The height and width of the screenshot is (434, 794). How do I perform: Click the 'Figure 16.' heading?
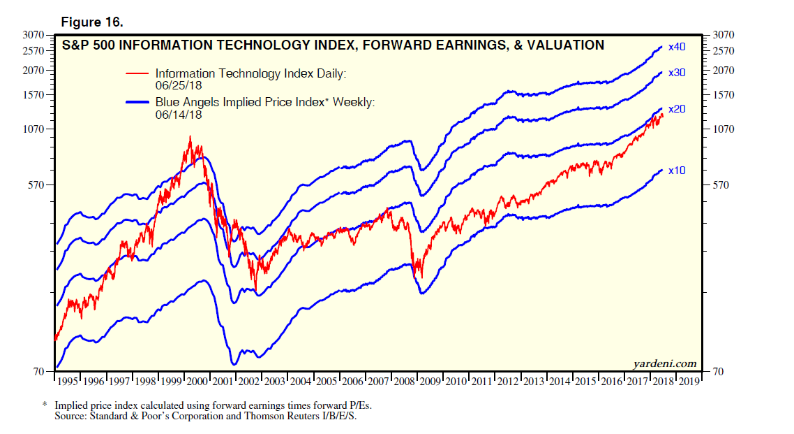[x=92, y=22]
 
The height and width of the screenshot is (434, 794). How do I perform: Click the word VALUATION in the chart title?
[x=564, y=45]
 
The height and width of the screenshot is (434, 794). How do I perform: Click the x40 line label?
[x=677, y=48]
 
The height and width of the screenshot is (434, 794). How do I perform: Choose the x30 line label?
[x=677, y=73]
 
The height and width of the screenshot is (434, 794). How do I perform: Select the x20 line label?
[x=677, y=110]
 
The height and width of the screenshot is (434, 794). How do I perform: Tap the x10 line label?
[x=677, y=171]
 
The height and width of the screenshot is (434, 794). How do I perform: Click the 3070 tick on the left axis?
[x=33, y=35]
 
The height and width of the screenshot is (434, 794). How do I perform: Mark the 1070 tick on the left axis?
[x=33, y=129]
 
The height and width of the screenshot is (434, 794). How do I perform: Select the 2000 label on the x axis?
[x=198, y=382]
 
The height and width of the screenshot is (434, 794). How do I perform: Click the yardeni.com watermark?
[x=664, y=363]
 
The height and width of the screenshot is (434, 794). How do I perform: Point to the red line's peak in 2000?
[x=190, y=137]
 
